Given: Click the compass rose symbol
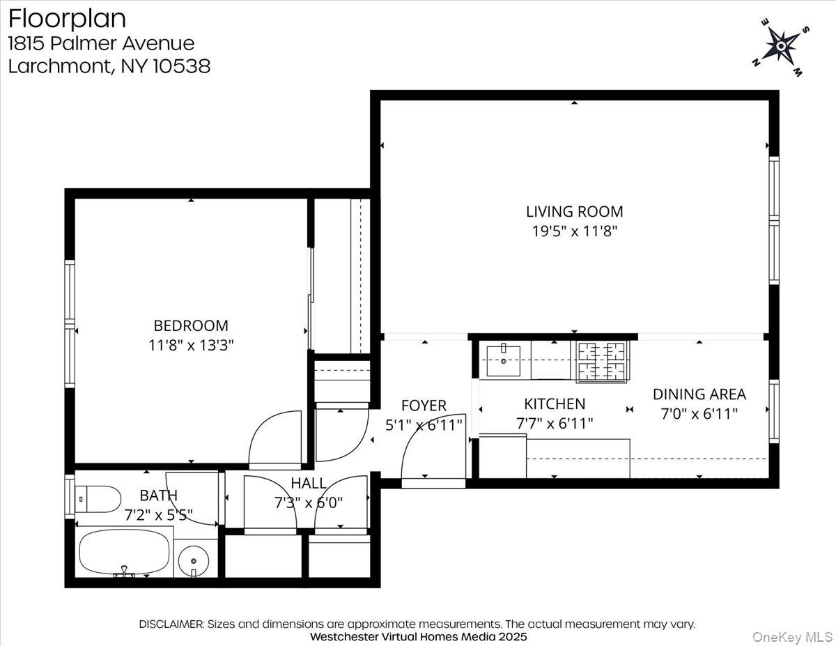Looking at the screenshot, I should tap(781, 47).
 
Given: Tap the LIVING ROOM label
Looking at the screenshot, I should tap(574, 211).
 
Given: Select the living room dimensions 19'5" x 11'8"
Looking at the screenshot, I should tap(574, 231).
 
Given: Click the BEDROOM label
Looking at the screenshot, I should tap(191, 325).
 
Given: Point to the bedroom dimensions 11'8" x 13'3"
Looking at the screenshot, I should tap(191, 345).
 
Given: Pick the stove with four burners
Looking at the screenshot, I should tap(601, 361).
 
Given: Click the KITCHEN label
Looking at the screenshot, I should tap(555, 404).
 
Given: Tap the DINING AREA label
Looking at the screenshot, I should tap(699, 394).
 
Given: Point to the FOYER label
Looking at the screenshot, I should tap(424, 406).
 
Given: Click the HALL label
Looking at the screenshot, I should tap(309, 483).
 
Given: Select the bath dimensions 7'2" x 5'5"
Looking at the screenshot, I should tap(159, 516).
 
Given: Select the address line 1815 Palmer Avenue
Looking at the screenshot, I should tap(102, 43).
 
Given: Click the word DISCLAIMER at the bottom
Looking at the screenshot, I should tap(171, 624).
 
